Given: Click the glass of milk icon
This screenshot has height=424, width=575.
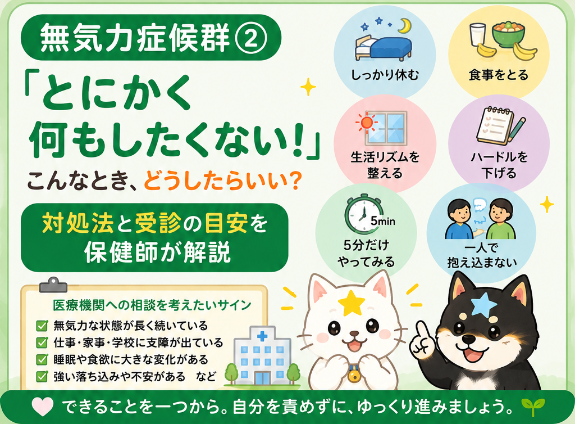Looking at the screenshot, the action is coord(478,36).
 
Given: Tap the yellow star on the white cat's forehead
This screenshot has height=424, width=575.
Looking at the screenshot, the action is coord(352,303).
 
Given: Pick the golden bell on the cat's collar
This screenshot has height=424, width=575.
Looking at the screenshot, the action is coord(354,375).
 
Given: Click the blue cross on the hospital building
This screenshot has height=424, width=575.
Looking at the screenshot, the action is coord(262,336).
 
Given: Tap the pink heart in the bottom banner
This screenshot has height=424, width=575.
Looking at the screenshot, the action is coord(43,407).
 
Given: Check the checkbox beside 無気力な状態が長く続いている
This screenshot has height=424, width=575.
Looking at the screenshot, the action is coord(42,326).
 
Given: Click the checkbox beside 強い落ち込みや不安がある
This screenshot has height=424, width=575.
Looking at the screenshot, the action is coord(42,376).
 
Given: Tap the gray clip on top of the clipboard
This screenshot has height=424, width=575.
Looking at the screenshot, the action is coord(53,285).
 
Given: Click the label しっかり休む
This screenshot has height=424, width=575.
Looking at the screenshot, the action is coord(385,75).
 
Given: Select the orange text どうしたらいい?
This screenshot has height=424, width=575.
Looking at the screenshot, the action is coord(222,181).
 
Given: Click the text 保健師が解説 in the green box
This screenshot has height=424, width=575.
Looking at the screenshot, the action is coord(158,252).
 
